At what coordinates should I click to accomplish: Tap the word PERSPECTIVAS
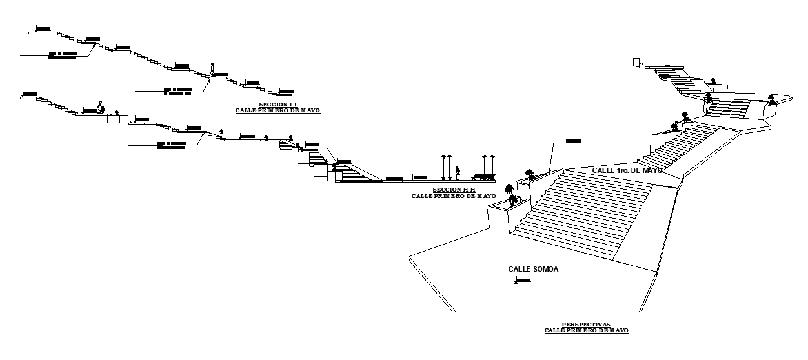pyautogui.click(x=586, y=325)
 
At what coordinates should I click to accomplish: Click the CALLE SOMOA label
pyautogui.click(x=532, y=269)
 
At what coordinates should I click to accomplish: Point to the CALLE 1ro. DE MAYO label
pyautogui.click(x=627, y=170)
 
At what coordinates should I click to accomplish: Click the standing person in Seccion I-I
pyautogui.click(x=212, y=68)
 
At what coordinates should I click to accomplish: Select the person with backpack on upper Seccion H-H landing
pyautogui.click(x=100, y=107)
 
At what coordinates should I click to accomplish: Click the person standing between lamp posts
pyautogui.click(x=458, y=172)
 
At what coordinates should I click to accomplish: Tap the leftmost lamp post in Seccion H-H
pyautogui.click(x=443, y=167)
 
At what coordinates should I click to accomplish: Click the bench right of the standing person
pyautogui.click(x=484, y=175)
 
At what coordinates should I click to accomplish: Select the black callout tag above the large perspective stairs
pyautogui.click(x=572, y=141)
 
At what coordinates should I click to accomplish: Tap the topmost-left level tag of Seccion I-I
pyautogui.click(x=43, y=29)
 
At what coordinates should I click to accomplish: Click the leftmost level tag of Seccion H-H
pyautogui.click(x=29, y=94)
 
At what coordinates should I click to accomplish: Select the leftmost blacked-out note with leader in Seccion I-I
pyautogui.click(x=63, y=55)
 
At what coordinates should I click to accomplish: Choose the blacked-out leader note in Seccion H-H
pyautogui.click(x=171, y=145)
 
